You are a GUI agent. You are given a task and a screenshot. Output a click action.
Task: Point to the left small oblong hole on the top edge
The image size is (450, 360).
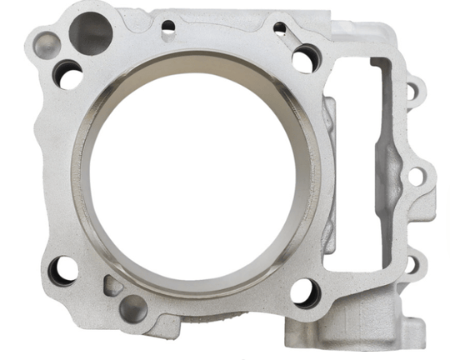pyautogui.click(x=168, y=27)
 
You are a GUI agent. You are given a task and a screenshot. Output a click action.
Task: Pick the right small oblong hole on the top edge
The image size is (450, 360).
pyautogui.click(x=280, y=29)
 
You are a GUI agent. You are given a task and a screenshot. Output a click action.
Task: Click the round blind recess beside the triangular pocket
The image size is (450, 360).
pyautogui.click(x=133, y=309)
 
